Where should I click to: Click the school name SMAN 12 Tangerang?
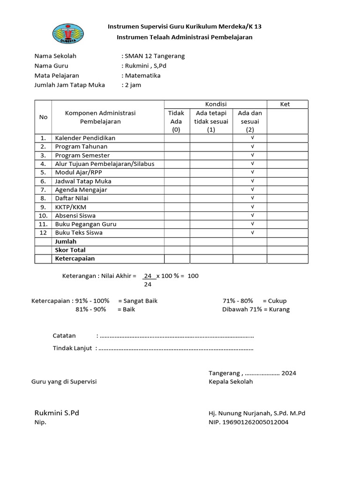(154, 56)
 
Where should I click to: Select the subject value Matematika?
(142, 75)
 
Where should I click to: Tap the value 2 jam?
(133, 85)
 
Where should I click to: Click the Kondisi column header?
(216, 104)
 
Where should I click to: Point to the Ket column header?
(285, 104)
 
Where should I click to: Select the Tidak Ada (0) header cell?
(176, 121)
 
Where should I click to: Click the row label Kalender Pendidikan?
(85, 138)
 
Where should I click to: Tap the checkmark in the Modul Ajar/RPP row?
(252, 172)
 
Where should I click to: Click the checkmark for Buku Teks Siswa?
(252, 232)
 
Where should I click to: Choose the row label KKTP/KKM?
(70, 207)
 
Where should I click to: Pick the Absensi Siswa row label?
(75, 216)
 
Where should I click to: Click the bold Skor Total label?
(70, 250)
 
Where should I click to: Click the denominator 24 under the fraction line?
(148, 284)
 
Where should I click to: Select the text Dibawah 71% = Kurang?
(255, 309)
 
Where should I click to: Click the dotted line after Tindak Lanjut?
(176, 348)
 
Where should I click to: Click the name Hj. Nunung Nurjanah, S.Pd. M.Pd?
(257, 413)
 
